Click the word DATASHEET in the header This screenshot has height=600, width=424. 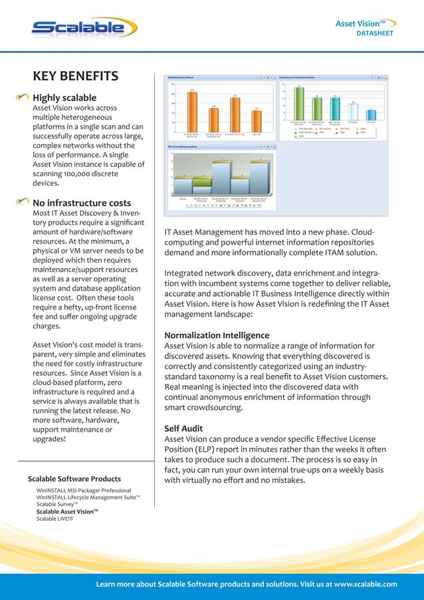pyautogui.click(x=375, y=33)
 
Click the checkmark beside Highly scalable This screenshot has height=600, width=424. pyautogui.click(x=23, y=97)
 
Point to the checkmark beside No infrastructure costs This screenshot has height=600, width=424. pyautogui.click(x=23, y=202)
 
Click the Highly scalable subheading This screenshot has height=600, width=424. pyautogui.click(x=64, y=98)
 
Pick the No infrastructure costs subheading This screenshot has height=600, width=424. pyautogui.click(x=82, y=202)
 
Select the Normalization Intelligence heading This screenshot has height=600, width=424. pyautogui.click(x=217, y=335)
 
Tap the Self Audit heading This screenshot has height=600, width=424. pyautogui.click(x=184, y=428)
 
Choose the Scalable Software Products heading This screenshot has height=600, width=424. pyautogui.click(x=74, y=479)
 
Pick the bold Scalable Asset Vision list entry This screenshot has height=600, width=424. pyautogui.click(x=67, y=512)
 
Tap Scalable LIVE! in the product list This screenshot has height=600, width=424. pyautogui.click(x=54, y=519)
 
